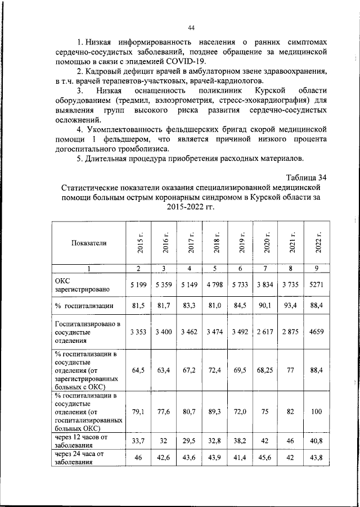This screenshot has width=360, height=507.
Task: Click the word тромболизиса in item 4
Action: (142, 149)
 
